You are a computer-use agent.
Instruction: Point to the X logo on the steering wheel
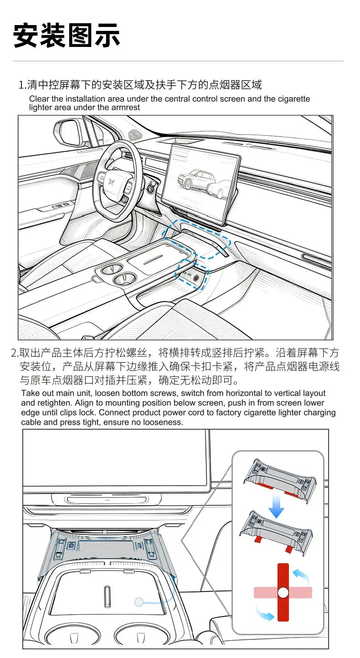pos(111,182)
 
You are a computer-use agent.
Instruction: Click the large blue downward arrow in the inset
pos(276,505)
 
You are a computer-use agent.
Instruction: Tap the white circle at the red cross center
pos(283,592)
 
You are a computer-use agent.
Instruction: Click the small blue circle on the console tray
pos(139,602)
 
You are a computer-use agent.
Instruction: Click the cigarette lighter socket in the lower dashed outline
pos(196,278)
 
